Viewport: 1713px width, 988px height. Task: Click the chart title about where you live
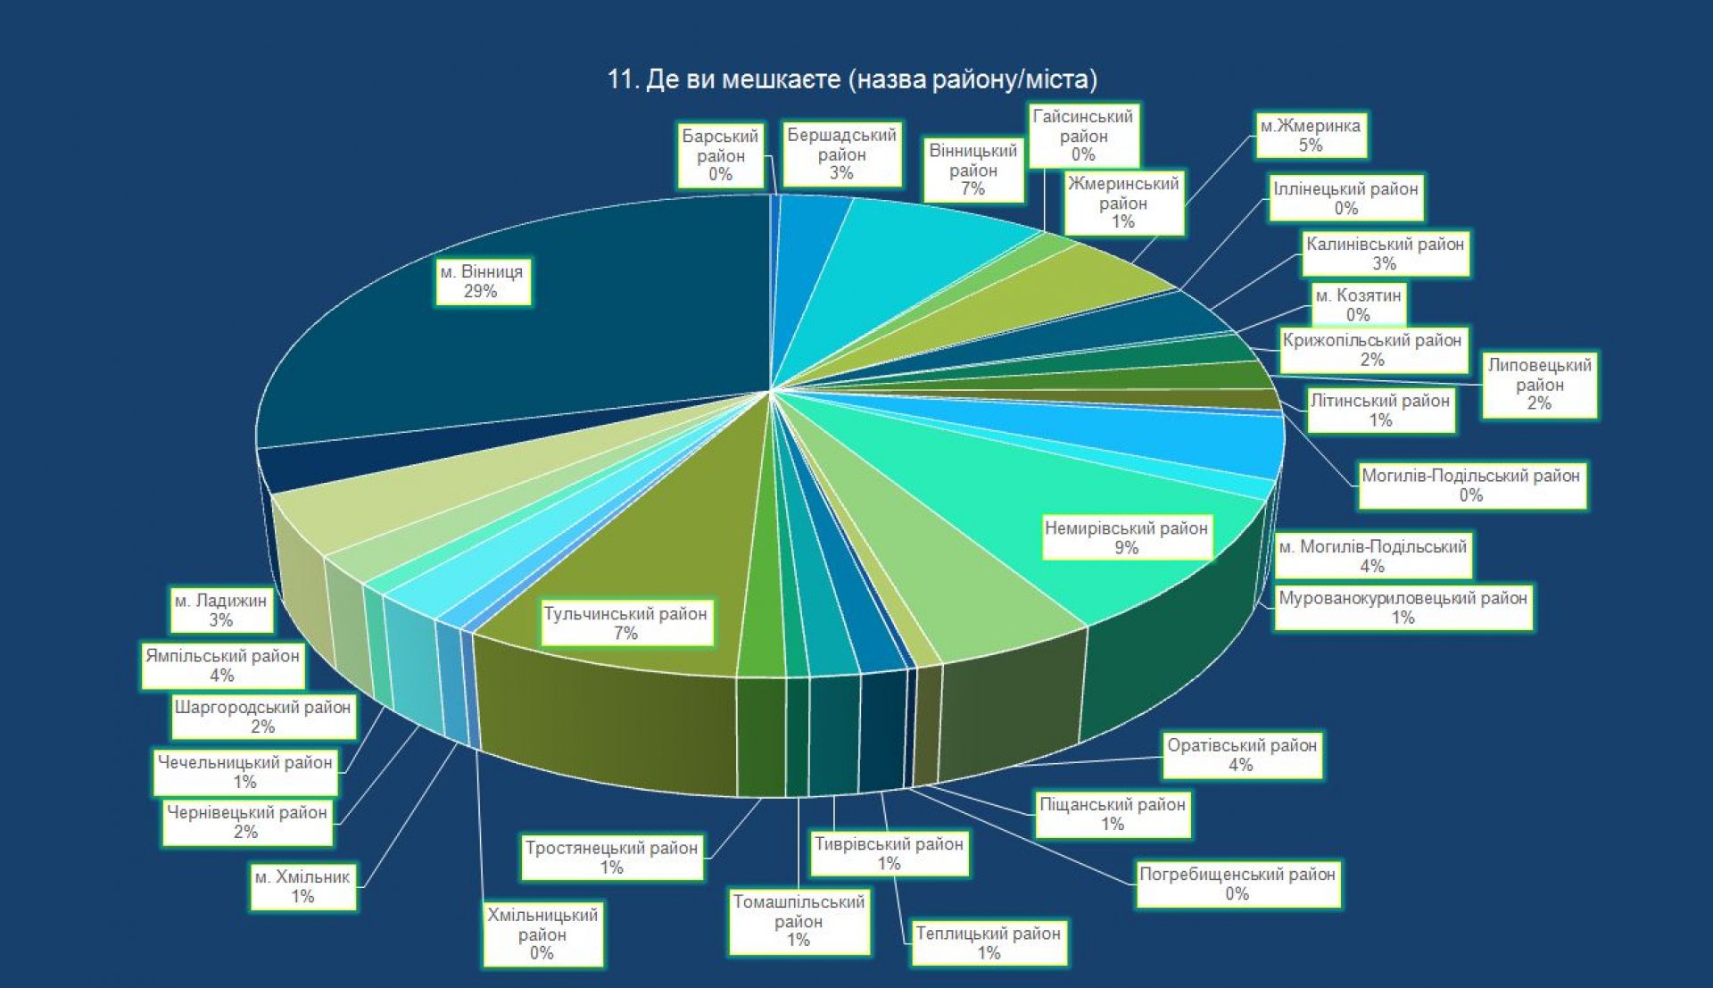pyautogui.click(x=852, y=79)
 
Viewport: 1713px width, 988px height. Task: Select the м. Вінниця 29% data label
pyautogui.click(x=482, y=281)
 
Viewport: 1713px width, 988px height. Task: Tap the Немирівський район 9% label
pyautogui.click(x=1126, y=537)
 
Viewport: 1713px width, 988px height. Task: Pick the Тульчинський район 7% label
pyautogui.click(x=625, y=623)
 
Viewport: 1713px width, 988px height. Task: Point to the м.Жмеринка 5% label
pyautogui.click(x=1310, y=135)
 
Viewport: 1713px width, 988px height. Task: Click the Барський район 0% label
pyautogui.click(x=720, y=155)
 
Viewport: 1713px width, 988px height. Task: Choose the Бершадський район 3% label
pyautogui.click(x=841, y=154)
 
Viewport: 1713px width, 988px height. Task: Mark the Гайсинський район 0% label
pyautogui.click(x=1083, y=136)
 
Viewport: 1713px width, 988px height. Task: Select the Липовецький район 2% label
pyautogui.click(x=1539, y=384)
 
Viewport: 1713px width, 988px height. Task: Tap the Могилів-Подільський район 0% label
pyautogui.click(x=1471, y=485)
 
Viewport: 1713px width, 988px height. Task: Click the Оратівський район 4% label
pyautogui.click(x=1242, y=754)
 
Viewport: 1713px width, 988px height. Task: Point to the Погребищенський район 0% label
pyautogui.click(x=1237, y=884)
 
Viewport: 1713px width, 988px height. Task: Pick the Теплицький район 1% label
pyautogui.click(x=989, y=942)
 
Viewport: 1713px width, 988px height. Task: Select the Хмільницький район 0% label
pyautogui.click(x=542, y=934)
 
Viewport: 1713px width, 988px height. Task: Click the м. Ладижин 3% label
pyautogui.click(x=220, y=610)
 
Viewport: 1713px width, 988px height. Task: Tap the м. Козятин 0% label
pyautogui.click(x=1358, y=304)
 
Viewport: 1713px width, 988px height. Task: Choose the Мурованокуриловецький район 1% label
pyautogui.click(x=1403, y=607)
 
